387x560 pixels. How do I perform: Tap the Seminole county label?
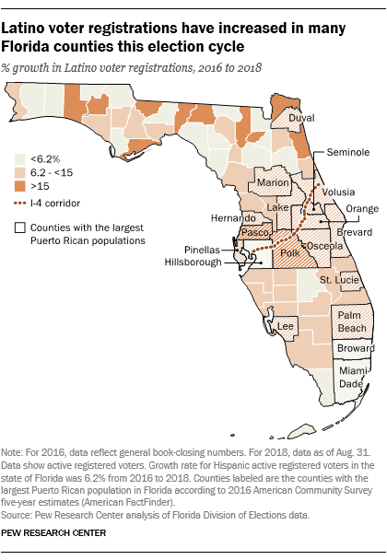338,154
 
